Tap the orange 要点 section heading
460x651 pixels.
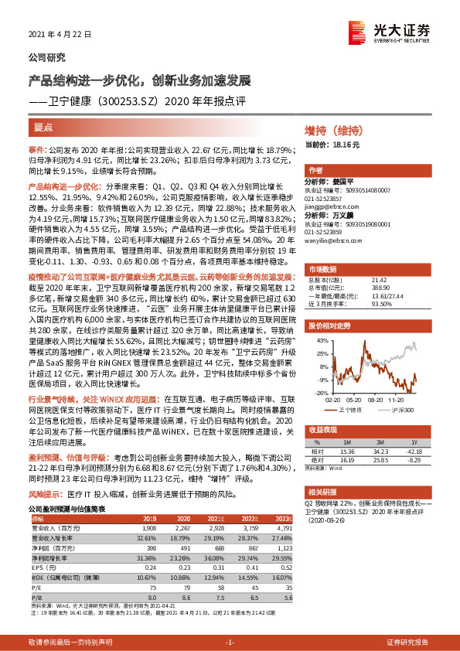click(43, 128)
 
